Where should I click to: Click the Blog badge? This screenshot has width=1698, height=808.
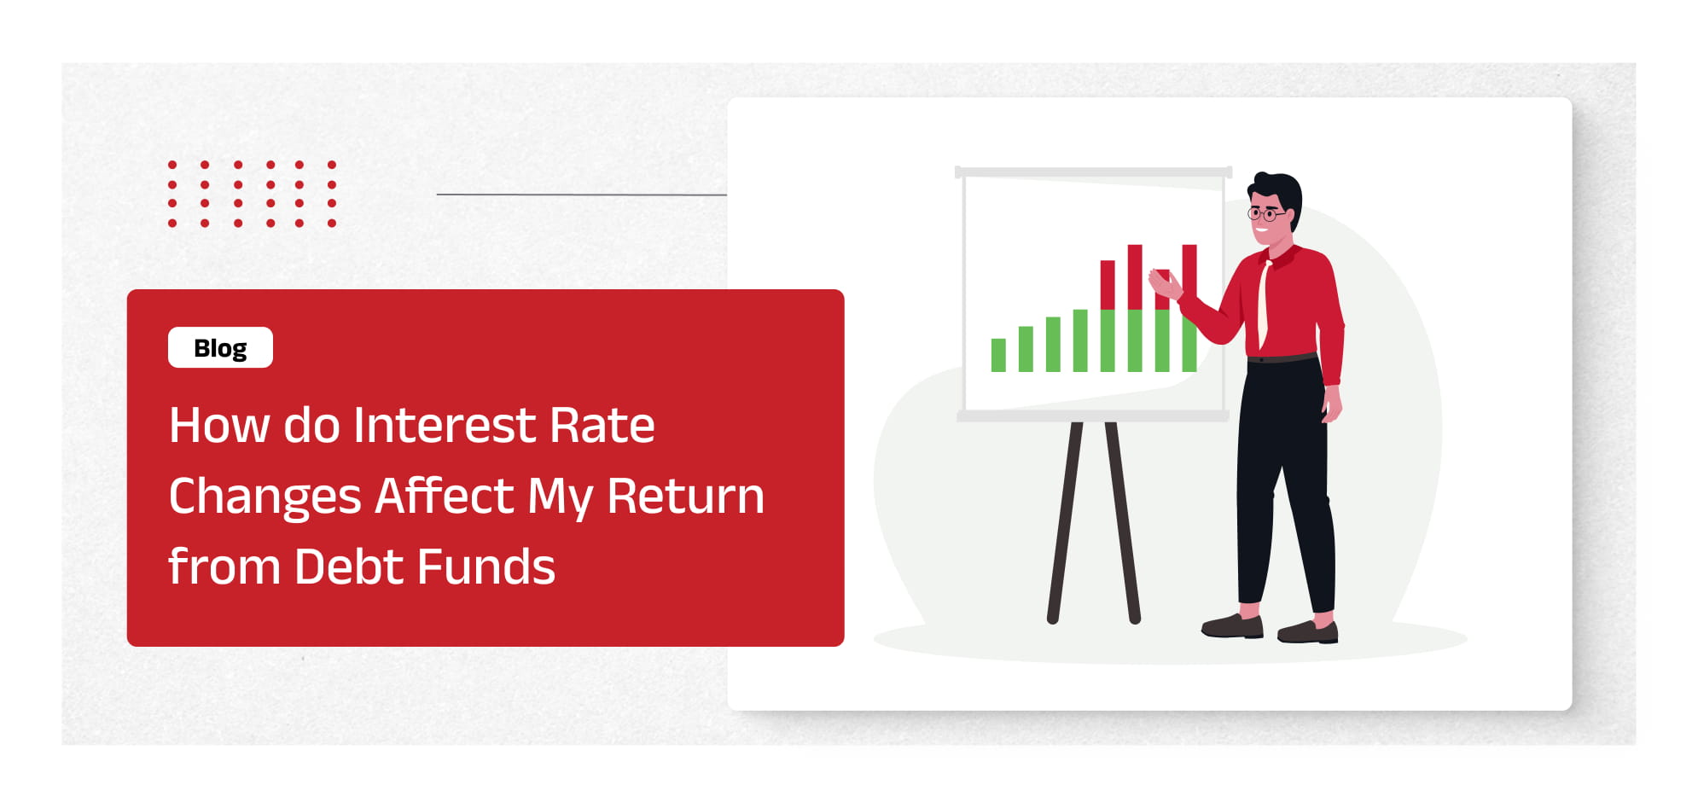220,347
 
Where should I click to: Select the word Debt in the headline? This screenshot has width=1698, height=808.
349,567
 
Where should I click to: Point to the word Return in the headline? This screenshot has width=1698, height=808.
685,497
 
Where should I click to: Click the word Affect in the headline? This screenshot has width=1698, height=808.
445,497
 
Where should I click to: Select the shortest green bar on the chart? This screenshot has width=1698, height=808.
998,355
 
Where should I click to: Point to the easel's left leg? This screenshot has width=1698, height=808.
1066,520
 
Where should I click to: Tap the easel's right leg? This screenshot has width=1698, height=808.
1123,520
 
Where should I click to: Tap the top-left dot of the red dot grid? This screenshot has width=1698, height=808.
172,165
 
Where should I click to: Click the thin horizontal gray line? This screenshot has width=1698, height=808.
580,195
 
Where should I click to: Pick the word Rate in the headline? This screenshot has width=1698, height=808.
602,425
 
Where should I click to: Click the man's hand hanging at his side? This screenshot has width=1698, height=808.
1331,404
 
